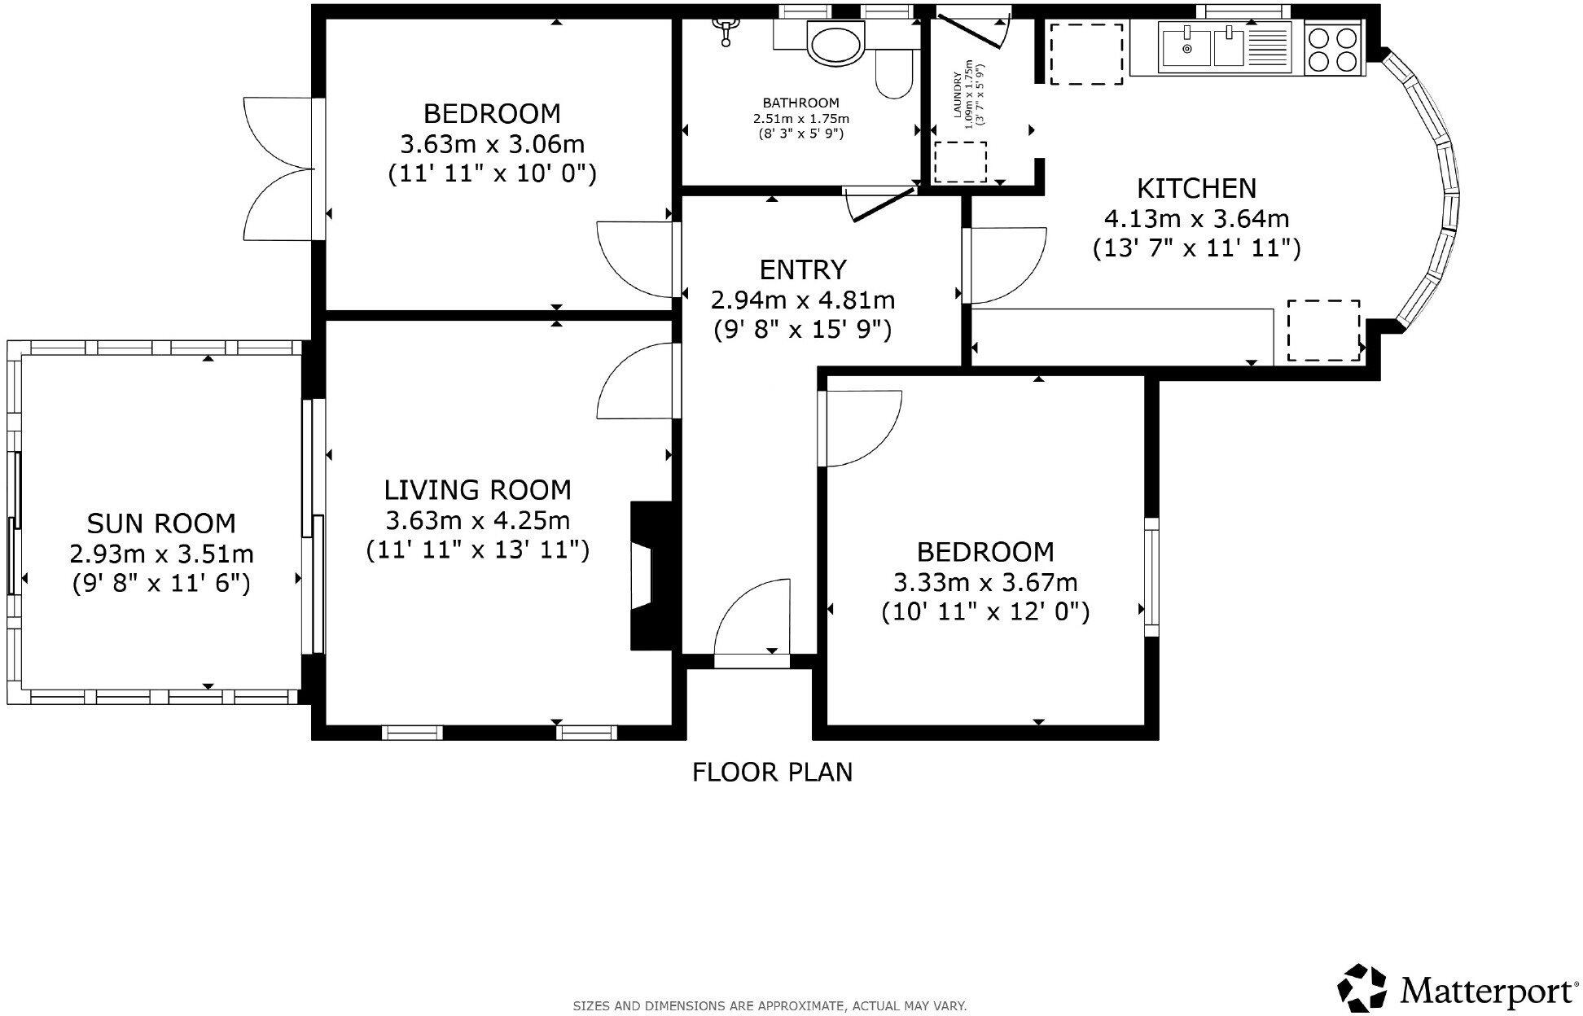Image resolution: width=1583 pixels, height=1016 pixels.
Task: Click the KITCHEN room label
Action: tap(1196, 189)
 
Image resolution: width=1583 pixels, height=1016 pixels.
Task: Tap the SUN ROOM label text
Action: tap(161, 523)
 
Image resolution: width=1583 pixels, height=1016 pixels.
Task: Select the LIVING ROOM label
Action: tap(477, 490)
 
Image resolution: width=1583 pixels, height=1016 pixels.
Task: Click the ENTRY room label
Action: tap(803, 269)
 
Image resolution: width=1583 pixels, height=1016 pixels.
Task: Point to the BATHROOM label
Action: tap(800, 103)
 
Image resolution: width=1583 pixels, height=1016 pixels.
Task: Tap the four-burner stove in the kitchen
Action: tap(1335, 49)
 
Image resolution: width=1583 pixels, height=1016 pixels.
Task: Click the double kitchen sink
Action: tap(1204, 46)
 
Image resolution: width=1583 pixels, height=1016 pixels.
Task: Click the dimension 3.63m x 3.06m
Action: tap(492, 144)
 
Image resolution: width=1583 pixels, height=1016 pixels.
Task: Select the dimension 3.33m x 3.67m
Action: tap(985, 582)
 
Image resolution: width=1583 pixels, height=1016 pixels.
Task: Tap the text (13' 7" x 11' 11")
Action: tap(1196, 248)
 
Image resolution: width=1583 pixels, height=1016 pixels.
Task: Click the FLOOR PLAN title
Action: tap(772, 772)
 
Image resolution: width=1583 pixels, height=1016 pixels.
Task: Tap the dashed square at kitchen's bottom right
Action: tap(1323, 330)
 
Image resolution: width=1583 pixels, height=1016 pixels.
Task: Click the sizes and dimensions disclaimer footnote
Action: tap(770, 1006)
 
